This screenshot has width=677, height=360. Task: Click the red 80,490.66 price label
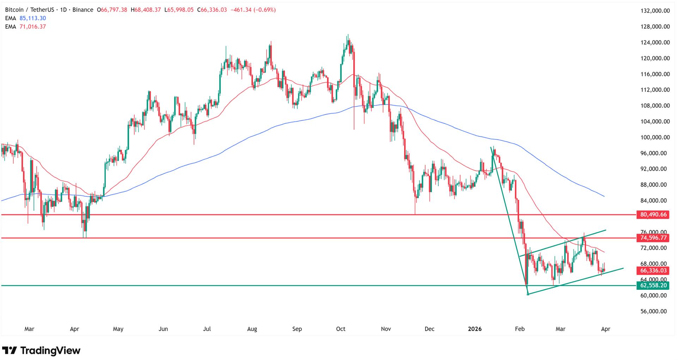(x=653, y=214)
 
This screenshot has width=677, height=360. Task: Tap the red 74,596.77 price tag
(x=653, y=238)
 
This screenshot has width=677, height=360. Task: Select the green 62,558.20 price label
(x=653, y=285)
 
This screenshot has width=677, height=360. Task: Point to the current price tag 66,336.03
(x=653, y=270)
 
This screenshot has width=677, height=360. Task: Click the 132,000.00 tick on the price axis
(x=655, y=11)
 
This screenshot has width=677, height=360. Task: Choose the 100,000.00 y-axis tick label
(x=655, y=137)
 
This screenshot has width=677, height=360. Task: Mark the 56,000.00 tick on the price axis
(x=655, y=311)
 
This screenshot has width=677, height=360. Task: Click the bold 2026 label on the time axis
(x=475, y=329)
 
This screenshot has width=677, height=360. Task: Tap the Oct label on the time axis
(x=341, y=329)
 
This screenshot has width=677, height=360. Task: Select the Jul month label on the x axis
(x=207, y=329)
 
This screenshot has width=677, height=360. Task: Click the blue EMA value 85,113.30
(x=33, y=18)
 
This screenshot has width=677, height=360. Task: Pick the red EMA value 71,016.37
(x=33, y=27)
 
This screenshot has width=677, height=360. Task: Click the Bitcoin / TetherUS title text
(x=29, y=10)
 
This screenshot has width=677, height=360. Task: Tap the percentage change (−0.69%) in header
(x=265, y=10)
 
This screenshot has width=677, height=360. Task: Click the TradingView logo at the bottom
(x=42, y=350)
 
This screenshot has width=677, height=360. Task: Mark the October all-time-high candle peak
(x=348, y=35)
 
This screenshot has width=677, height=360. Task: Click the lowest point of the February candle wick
(x=527, y=294)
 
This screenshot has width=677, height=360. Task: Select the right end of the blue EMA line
(x=604, y=196)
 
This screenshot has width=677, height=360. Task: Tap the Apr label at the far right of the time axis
(x=605, y=329)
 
